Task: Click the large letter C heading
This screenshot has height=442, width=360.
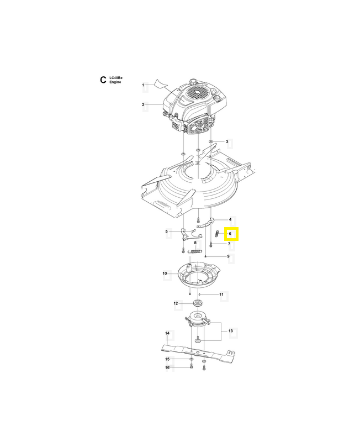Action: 103,80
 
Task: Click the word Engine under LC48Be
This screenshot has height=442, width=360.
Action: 115,82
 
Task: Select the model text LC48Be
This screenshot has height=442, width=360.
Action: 116,78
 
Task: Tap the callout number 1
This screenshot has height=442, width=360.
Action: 143,85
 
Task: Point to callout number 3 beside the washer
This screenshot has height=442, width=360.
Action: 227,142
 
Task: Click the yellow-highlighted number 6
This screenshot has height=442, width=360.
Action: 230,234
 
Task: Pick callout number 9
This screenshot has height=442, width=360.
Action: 228,256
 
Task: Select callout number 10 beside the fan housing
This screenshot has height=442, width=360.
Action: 165,273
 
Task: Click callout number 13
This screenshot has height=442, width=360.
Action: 231,330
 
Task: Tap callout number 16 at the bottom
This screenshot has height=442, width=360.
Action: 167,367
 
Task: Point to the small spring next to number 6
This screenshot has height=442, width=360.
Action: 218,234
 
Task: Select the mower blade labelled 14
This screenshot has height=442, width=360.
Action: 200,354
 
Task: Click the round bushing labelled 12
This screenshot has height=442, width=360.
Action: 198,303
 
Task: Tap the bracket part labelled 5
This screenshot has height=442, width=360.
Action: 190,234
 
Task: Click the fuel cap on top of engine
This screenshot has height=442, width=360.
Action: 193,81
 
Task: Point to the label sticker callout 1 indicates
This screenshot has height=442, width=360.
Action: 160,83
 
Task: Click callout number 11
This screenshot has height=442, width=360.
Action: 221,294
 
